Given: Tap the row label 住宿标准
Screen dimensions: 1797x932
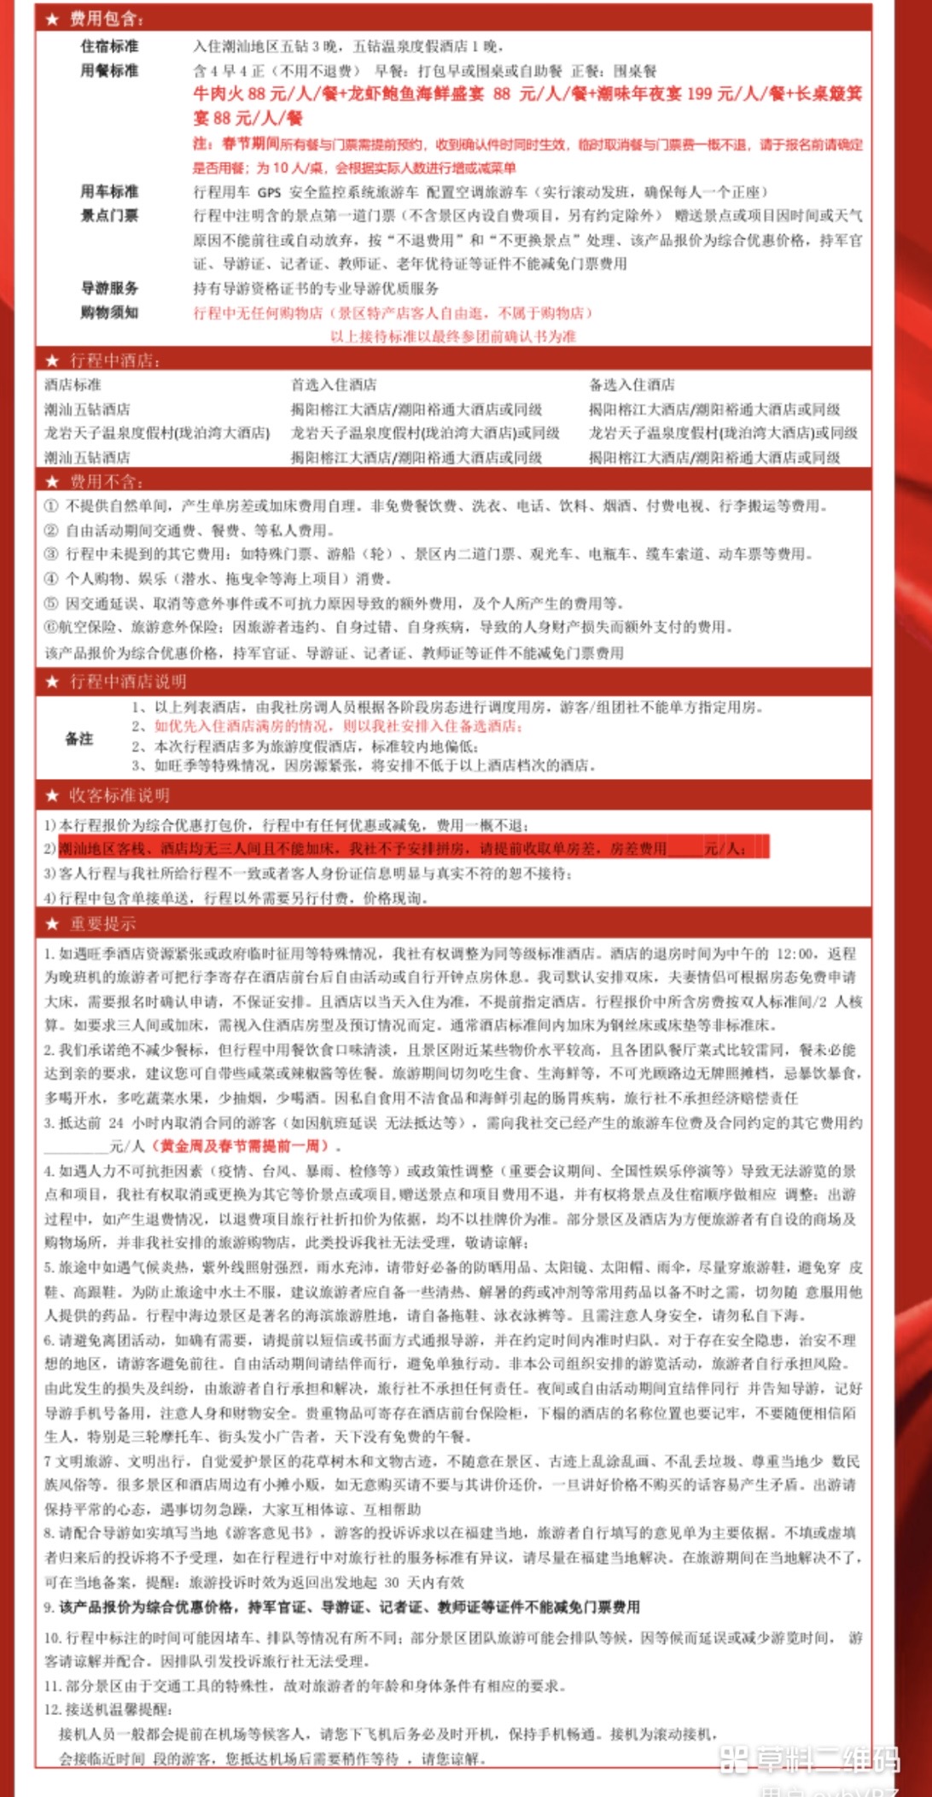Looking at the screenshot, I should click(109, 46).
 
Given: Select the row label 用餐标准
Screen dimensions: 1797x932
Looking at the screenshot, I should click(109, 71).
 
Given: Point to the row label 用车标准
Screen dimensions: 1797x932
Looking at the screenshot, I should click(109, 191).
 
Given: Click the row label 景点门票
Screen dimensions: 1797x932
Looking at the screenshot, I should click(109, 215).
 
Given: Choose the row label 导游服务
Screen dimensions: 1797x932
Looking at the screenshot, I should click(109, 288).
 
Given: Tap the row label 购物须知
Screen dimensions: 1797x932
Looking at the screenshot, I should click(109, 313).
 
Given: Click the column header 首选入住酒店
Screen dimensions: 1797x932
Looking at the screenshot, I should click(334, 385).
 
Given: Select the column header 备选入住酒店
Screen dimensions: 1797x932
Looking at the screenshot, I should click(632, 385).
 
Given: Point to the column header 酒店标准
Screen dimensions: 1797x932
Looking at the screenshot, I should click(73, 385).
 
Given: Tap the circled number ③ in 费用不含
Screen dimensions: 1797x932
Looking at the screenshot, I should click(51, 554).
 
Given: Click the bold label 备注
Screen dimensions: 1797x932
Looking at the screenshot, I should click(79, 739).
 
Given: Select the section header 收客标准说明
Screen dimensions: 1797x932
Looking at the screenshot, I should click(119, 796).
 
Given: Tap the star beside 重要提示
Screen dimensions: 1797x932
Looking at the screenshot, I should click(53, 924).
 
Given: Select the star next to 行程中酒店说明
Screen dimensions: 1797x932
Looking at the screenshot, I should click(53, 682).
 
